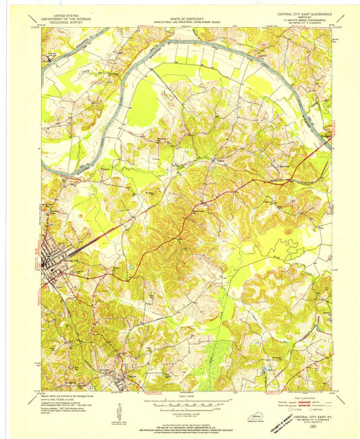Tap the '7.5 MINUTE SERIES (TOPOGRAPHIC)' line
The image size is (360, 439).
[x=295, y=18]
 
